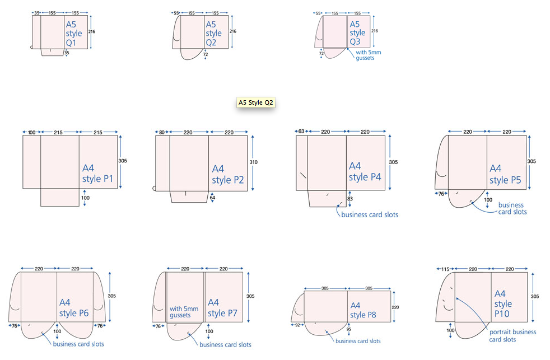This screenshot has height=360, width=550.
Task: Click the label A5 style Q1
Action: [x=74, y=34]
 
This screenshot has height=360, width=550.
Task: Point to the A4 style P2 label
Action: [x=229, y=174]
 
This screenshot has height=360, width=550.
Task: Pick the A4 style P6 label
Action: [x=74, y=307]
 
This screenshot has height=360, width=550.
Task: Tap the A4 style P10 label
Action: [x=503, y=304]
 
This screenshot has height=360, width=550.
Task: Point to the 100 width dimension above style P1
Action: [x=31, y=132]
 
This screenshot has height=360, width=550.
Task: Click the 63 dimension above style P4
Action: [x=301, y=131]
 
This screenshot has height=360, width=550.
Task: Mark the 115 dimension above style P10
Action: [x=445, y=269]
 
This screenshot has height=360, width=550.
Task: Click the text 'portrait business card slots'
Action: [x=512, y=335]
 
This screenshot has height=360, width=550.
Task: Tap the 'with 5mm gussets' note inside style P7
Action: [x=184, y=312]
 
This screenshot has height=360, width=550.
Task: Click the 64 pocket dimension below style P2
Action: [x=212, y=197]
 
